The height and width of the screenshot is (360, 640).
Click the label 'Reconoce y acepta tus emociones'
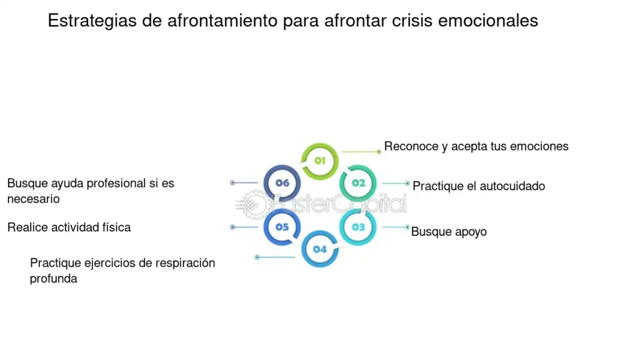coord(476,146)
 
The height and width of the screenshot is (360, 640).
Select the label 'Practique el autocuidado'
coord(479,186)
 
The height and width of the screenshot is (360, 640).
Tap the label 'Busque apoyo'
coord(449,232)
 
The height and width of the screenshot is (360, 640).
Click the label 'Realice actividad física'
coord(69,227)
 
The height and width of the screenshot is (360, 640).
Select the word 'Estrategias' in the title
coord(92,21)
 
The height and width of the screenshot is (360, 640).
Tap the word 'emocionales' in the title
coord(488,21)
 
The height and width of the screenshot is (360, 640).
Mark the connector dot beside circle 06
coord(232,183)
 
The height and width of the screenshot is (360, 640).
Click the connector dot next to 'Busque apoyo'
coord(407,227)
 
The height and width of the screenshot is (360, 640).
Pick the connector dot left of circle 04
coord(257,257)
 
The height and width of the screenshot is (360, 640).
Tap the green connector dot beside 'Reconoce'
coord(379,152)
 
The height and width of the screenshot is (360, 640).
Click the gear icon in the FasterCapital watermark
coord(252,204)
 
